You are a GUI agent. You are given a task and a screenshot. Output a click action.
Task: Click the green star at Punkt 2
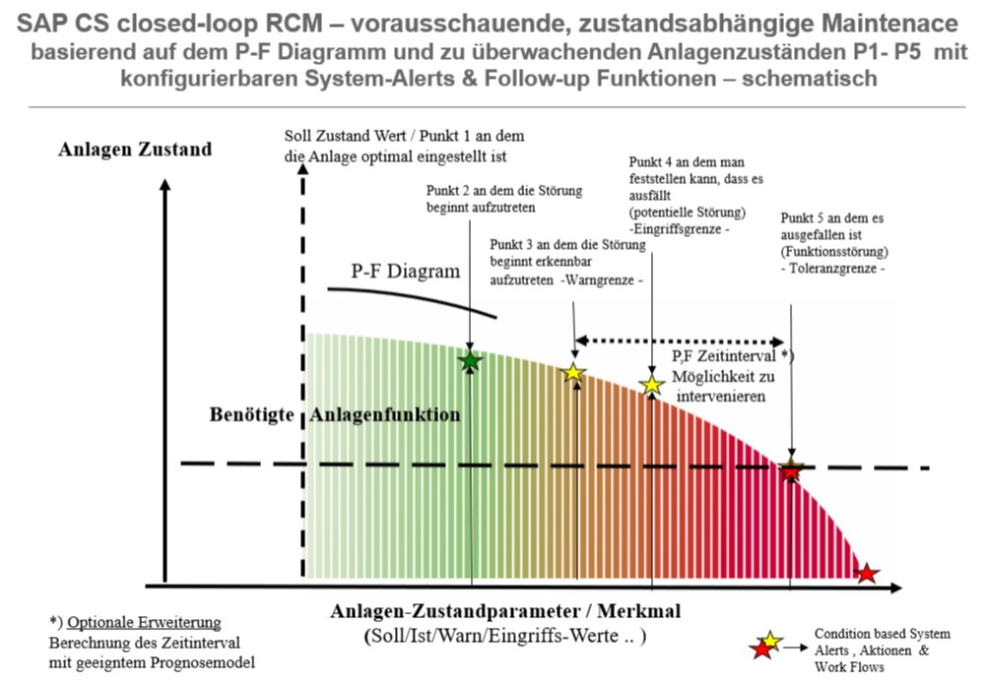[471, 361]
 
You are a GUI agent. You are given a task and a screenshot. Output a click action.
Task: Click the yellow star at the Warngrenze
[573, 373]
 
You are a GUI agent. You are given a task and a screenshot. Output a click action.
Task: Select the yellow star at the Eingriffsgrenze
[652, 385]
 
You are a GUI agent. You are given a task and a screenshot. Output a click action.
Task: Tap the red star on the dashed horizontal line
[791, 469]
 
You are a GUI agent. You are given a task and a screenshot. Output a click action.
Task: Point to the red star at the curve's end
[867, 573]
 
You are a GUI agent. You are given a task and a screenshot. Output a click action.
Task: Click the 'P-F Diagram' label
[405, 271]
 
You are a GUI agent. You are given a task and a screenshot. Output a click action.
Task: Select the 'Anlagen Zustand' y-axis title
[135, 150]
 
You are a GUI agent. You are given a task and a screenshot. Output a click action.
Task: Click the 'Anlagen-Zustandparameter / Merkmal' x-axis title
[505, 610]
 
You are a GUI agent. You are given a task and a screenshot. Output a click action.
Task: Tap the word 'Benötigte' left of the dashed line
[251, 414]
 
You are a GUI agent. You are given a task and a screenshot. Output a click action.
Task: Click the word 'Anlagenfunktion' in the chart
[384, 414]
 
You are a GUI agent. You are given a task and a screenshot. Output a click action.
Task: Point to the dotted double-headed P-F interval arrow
[680, 341]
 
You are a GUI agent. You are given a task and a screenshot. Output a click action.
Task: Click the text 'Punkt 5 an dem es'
[831, 217]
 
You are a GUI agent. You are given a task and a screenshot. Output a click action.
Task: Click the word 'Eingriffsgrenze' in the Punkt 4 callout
[679, 229]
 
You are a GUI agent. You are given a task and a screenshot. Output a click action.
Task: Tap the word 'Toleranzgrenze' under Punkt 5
[833, 268]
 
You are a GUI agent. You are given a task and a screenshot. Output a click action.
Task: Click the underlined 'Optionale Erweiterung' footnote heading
[144, 622]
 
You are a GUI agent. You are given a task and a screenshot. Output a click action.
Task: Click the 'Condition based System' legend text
[882, 634]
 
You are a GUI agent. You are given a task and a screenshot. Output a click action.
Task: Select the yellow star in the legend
[771, 641]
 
